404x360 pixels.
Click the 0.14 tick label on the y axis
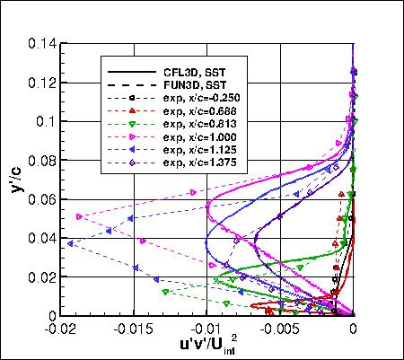click(x=41, y=43)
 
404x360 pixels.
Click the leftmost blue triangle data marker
click(x=71, y=242)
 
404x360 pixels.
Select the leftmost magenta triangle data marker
click(x=79, y=216)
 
